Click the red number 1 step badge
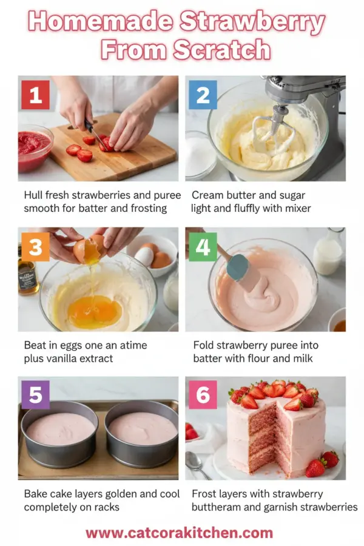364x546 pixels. click(x=36, y=95)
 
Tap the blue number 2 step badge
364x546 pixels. click(x=203, y=95)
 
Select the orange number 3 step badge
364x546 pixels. click(x=36, y=247)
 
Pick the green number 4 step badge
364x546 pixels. click(x=203, y=247)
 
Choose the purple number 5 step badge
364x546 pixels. click(x=36, y=395)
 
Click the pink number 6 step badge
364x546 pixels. click(x=203, y=395)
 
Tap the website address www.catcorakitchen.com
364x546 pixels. click(x=179, y=533)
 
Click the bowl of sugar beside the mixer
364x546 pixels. click(x=200, y=155)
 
